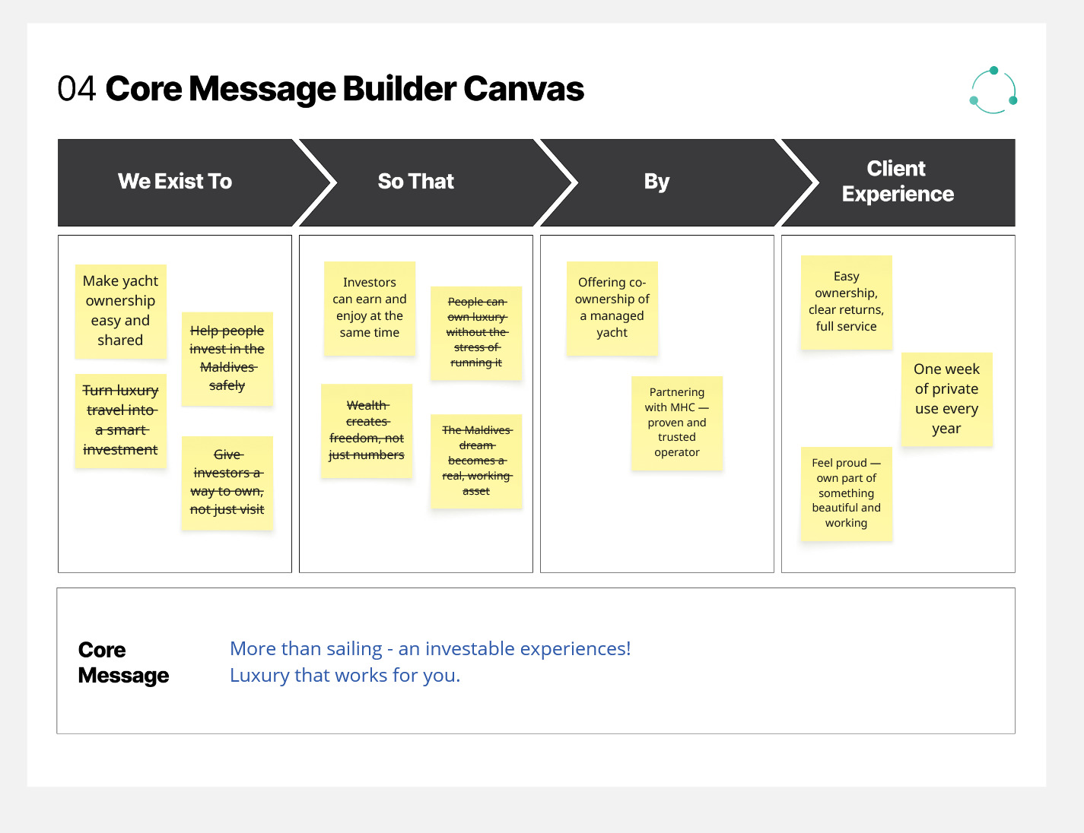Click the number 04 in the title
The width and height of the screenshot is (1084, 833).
(76, 89)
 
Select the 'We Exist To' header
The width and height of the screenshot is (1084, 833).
(175, 182)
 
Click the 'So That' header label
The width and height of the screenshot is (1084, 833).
(415, 182)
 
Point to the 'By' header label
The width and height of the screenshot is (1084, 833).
(656, 182)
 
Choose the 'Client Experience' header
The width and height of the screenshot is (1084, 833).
(898, 182)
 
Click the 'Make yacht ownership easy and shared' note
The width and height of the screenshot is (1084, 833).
(121, 312)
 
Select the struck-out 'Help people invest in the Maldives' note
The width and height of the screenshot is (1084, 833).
(227, 359)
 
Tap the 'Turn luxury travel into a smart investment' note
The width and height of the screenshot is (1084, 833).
(121, 421)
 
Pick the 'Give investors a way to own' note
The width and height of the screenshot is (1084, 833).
(227, 483)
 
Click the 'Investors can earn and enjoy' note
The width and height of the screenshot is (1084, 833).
(370, 309)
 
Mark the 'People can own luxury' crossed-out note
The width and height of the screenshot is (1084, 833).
(476, 334)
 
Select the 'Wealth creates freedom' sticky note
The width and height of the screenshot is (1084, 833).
(367, 431)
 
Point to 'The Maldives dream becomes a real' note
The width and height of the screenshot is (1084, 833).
(476, 461)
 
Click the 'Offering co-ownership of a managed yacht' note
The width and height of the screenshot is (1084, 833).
(612, 309)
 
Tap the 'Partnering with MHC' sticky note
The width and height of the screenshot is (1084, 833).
(677, 423)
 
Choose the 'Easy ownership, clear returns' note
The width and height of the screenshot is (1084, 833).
(847, 302)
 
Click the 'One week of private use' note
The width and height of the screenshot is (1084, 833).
(947, 399)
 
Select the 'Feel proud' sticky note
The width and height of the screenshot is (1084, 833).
(847, 494)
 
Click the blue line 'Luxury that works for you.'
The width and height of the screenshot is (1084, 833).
(345, 676)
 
